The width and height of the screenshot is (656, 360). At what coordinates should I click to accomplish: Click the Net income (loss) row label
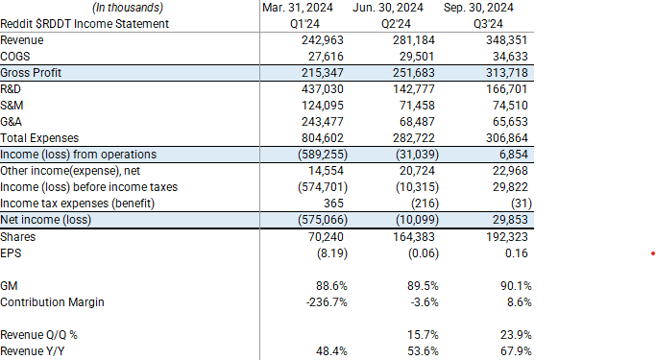tap(45, 220)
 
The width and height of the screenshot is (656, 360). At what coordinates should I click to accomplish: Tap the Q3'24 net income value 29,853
tap(510, 220)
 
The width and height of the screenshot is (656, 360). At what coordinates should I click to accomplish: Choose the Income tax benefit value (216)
tap(420, 204)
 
